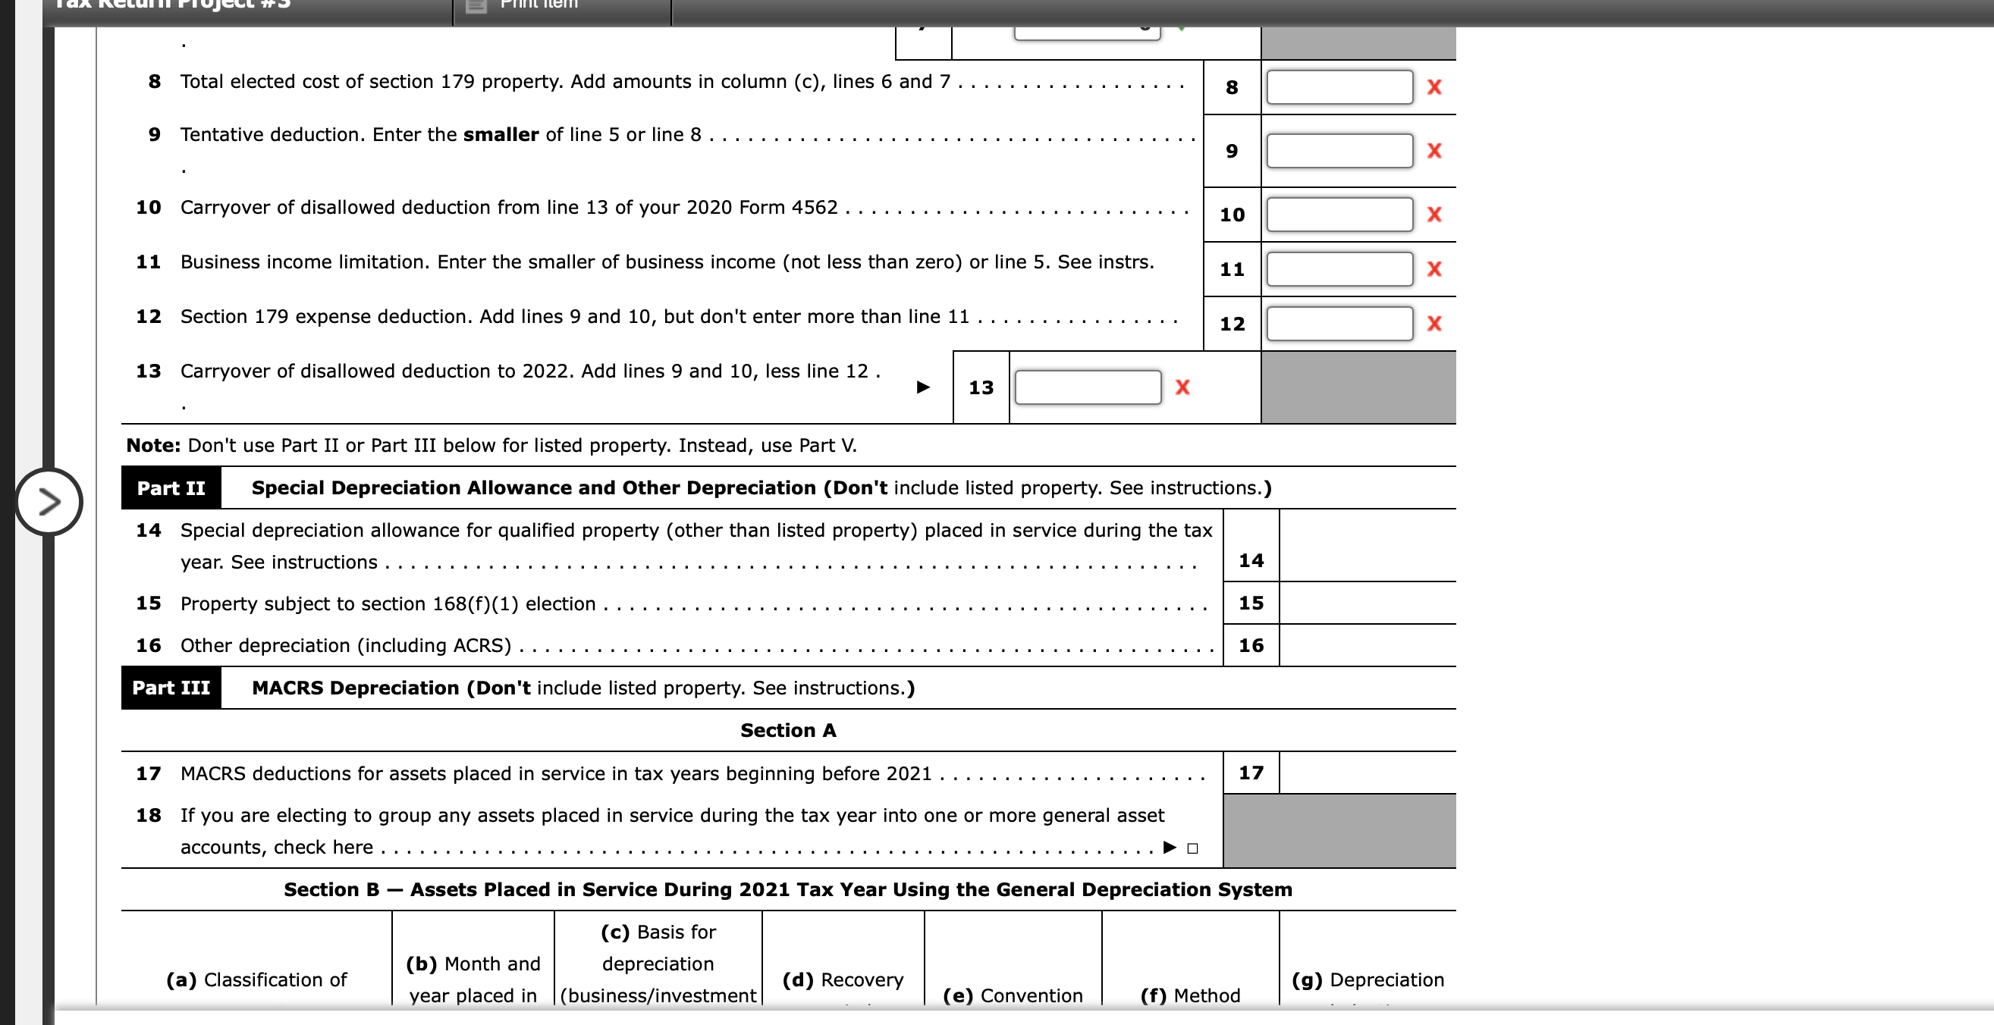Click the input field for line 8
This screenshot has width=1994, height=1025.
click(x=1339, y=87)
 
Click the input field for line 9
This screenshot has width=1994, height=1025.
click(x=1339, y=151)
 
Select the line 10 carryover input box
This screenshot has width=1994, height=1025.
click(x=1339, y=215)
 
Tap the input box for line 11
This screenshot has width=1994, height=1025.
click(x=1339, y=269)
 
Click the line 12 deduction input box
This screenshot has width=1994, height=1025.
click(x=1339, y=324)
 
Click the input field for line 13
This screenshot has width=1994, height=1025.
click(x=1088, y=387)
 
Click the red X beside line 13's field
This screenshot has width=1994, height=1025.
click(x=1182, y=387)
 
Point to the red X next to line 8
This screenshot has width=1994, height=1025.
click(x=1433, y=87)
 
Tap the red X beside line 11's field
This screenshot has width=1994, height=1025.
click(x=1433, y=269)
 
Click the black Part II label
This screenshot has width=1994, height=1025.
click(x=171, y=488)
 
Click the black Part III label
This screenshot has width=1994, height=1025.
click(x=171, y=688)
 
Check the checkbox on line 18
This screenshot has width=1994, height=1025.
click(x=1193, y=848)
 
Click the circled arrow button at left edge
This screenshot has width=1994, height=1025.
click(x=49, y=502)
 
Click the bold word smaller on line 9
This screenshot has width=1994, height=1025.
click(x=501, y=135)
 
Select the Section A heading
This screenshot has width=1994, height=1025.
click(x=788, y=730)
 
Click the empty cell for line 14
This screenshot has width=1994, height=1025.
click(x=1367, y=546)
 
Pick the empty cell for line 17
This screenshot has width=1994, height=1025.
click(x=1367, y=773)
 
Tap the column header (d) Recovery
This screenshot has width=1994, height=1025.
click(x=843, y=980)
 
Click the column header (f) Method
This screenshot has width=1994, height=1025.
click(x=1191, y=995)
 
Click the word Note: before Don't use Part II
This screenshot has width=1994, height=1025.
click(x=153, y=446)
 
